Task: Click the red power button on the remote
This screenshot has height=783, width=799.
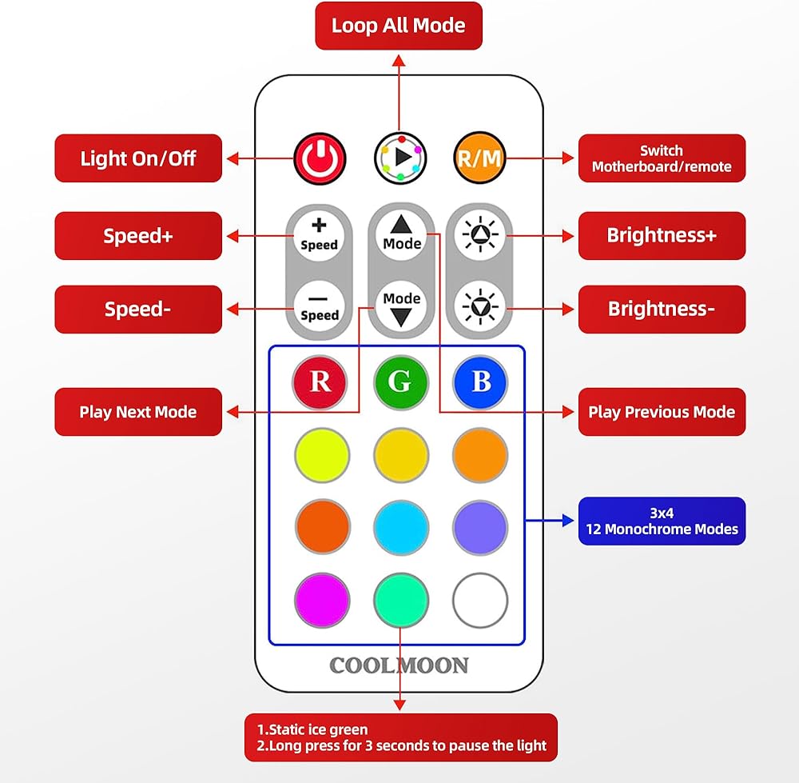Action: tap(320, 158)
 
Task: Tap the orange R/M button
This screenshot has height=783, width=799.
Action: tap(479, 158)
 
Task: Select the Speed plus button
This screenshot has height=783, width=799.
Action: tap(320, 236)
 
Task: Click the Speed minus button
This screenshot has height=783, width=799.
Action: tap(320, 306)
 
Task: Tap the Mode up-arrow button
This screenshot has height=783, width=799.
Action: tap(401, 234)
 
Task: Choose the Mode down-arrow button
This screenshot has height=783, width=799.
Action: tap(401, 308)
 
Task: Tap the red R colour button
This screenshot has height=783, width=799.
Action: tap(320, 382)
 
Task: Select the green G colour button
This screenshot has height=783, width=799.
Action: tap(400, 382)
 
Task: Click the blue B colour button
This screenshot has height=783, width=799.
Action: tap(481, 382)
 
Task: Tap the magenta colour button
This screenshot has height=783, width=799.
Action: tap(322, 601)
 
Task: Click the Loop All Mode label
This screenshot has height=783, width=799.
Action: tap(398, 26)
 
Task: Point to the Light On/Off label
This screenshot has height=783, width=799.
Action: tap(137, 158)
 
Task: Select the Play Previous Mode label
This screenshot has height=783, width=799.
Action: tap(662, 412)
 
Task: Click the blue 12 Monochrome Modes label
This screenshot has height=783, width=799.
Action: tap(662, 521)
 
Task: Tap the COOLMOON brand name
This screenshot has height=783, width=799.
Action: tap(399, 665)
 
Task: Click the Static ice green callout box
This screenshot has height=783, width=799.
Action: tap(400, 737)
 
